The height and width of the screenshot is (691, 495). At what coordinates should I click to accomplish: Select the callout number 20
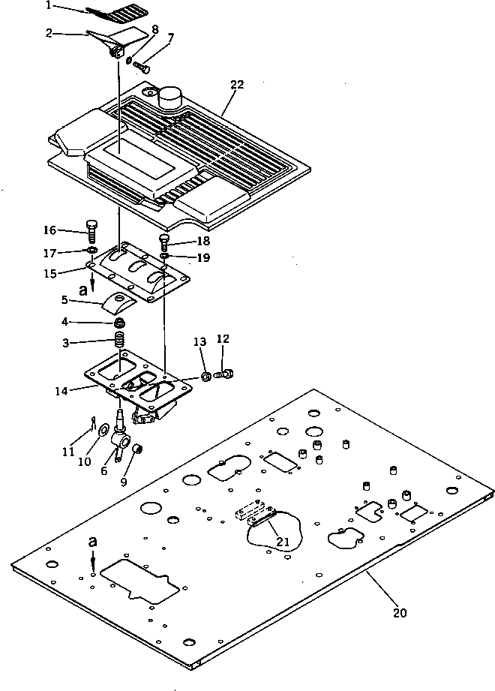coord(400,612)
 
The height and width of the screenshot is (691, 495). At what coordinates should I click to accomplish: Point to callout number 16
coord(49,231)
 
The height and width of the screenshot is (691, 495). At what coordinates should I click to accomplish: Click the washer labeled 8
coord(129,60)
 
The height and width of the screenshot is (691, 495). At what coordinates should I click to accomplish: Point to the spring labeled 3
coord(118,347)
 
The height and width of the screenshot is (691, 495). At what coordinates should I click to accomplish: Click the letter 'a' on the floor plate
coord(91,540)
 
